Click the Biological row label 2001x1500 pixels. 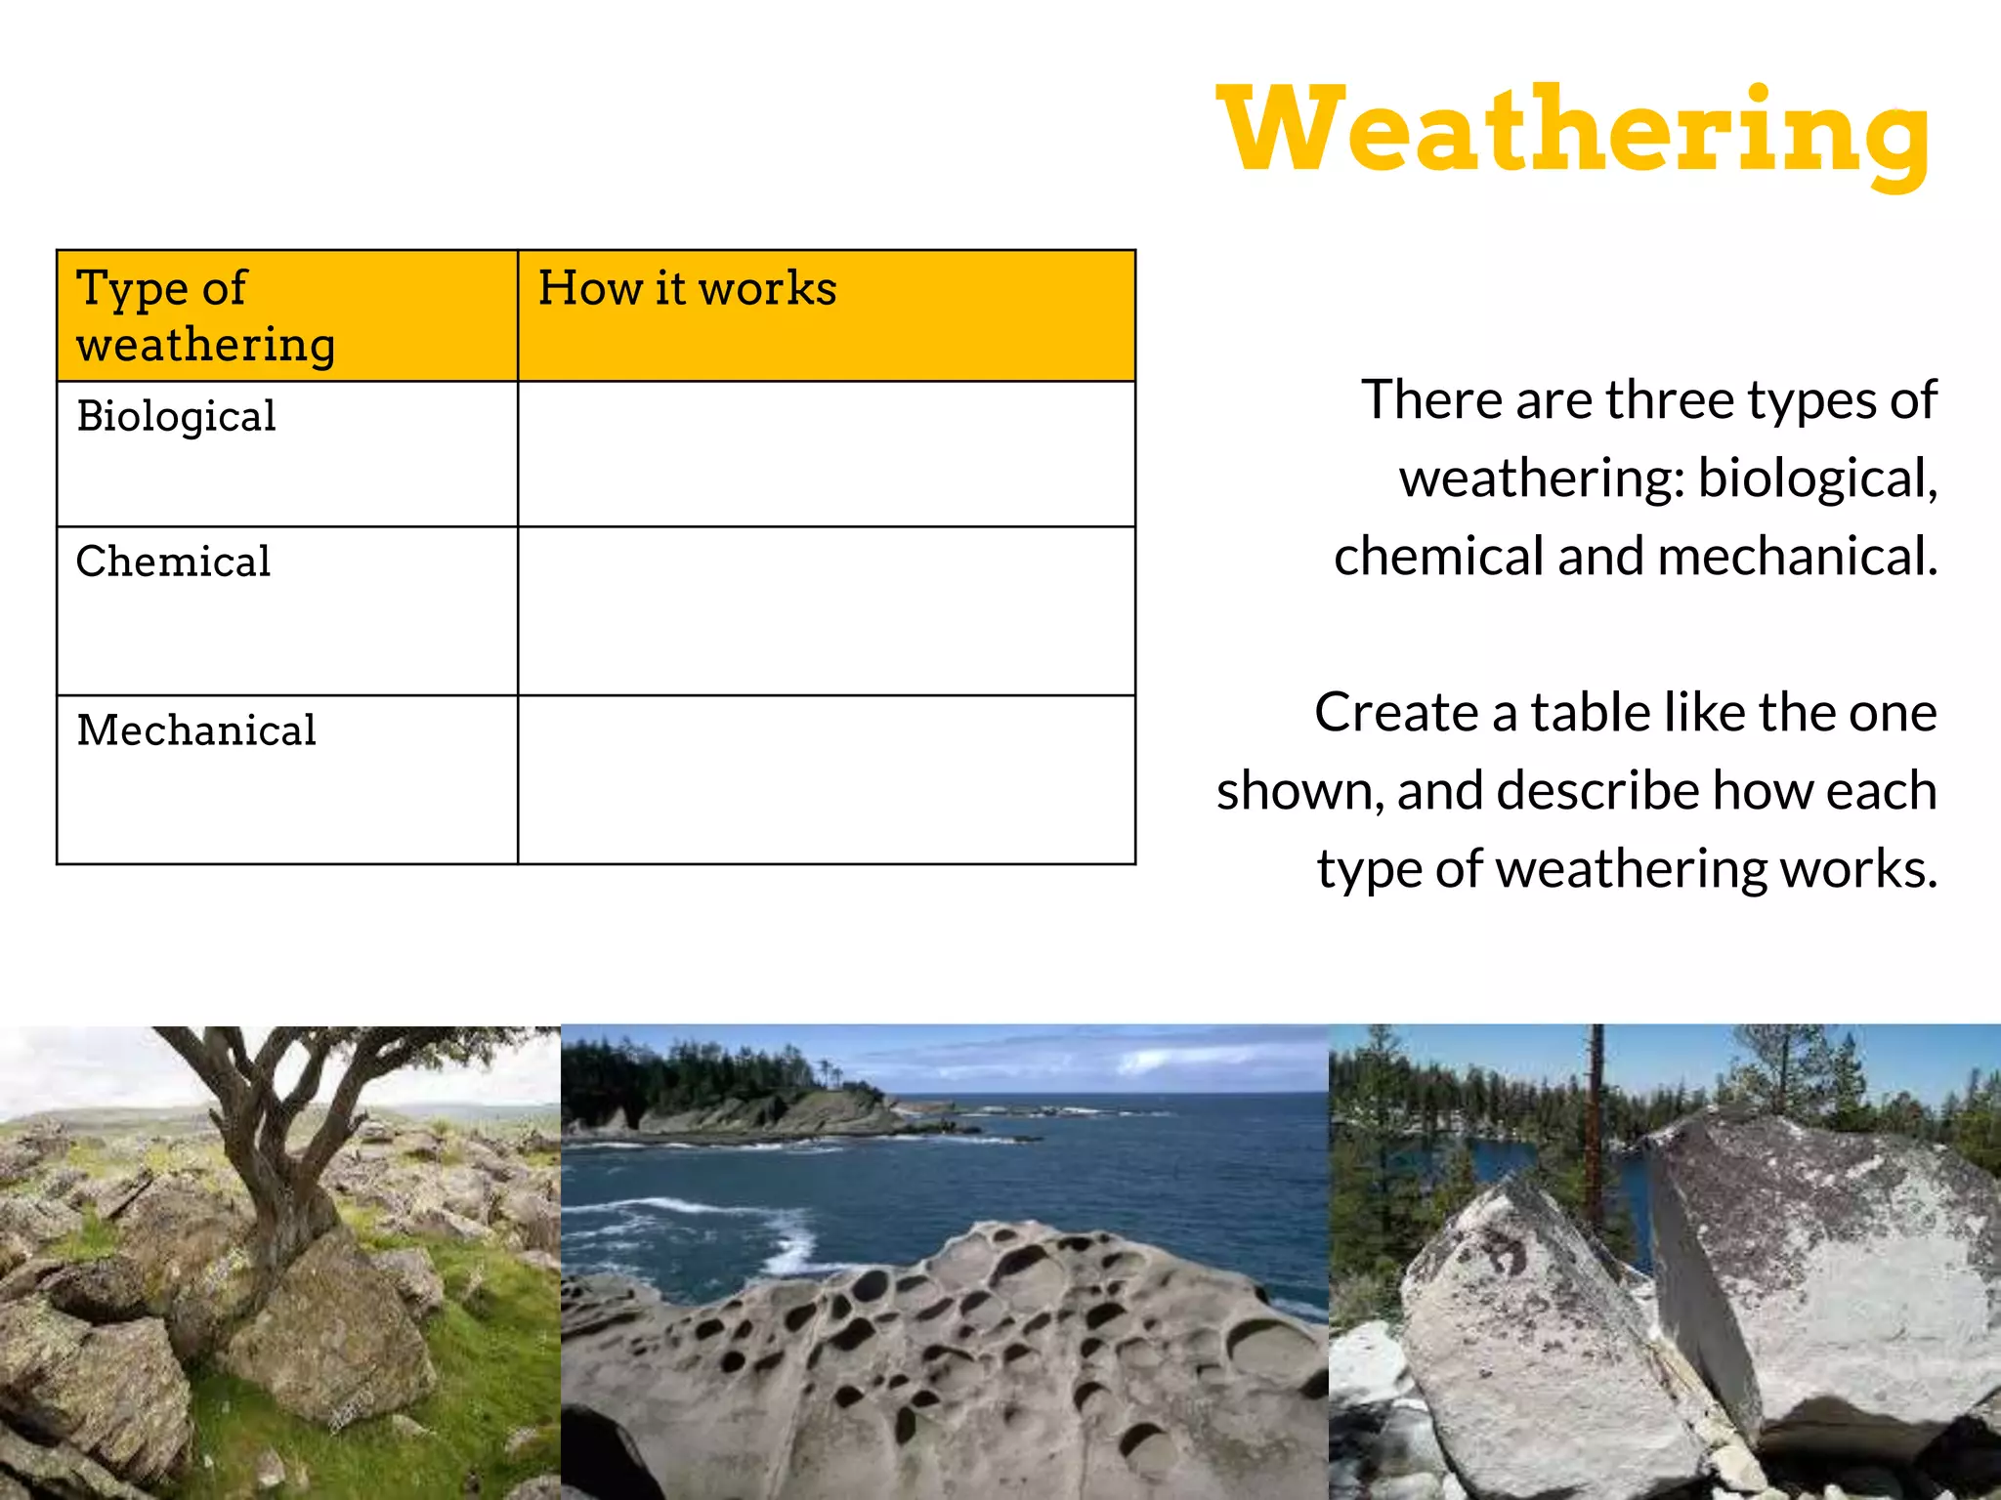click(177, 417)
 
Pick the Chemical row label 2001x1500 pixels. click(173, 562)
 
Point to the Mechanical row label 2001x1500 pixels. click(196, 731)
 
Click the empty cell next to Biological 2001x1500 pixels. click(826, 454)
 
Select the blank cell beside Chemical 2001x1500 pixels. click(826, 611)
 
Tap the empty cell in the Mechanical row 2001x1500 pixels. click(826, 780)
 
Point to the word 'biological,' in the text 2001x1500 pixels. click(1817, 479)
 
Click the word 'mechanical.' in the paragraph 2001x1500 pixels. click(1797, 557)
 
